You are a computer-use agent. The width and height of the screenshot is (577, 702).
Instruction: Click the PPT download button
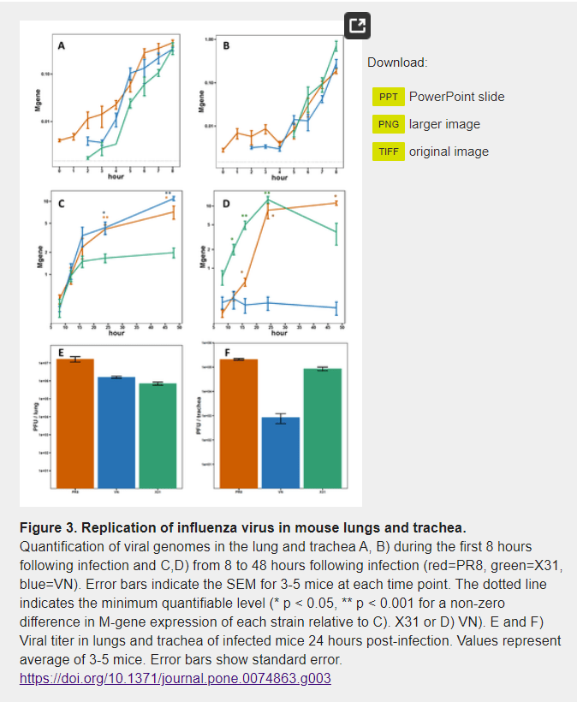(388, 97)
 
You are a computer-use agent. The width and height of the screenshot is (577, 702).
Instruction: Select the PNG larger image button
(388, 124)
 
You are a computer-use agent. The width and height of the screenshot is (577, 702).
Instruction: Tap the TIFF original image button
(388, 152)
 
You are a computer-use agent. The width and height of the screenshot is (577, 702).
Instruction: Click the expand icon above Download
(358, 27)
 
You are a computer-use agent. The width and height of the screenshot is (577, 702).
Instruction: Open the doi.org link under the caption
(175, 678)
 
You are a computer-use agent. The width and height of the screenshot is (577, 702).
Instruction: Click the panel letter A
(61, 46)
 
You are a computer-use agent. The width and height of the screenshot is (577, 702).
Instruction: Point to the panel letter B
(226, 45)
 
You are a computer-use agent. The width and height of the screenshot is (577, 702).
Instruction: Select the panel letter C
(61, 205)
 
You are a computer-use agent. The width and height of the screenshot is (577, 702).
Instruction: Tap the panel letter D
(226, 205)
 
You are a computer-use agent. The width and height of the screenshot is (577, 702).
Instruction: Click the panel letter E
(61, 353)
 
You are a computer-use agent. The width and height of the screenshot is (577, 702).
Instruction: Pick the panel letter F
(226, 353)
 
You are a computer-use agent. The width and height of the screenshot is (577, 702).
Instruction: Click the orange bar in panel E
(75, 424)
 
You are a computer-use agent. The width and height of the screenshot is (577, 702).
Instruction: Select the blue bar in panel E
(116, 432)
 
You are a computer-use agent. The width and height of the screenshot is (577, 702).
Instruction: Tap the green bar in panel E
(158, 436)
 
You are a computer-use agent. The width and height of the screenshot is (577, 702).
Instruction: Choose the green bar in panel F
(322, 428)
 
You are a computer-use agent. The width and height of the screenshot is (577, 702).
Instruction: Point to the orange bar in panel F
(239, 424)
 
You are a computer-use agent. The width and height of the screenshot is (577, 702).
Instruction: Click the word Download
(397, 62)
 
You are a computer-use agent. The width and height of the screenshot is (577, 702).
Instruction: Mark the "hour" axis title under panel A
(116, 177)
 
